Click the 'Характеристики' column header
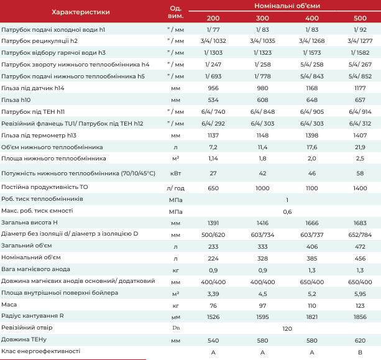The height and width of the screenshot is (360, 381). (81, 12)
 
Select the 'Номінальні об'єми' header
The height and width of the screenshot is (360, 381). (287, 6)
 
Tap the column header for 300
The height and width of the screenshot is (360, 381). (262, 18)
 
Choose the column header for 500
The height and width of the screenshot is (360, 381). (360, 18)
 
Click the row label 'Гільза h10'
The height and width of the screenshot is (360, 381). (16, 100)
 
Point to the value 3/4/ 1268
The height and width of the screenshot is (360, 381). (312, 41)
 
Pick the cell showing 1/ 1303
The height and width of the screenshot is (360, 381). (213, 53)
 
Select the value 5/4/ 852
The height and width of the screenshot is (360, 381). (360, 76)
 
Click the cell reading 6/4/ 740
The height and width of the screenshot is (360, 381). (213, 112)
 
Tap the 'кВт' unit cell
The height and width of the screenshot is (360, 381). (176, 173)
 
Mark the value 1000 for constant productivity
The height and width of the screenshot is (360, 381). (262, 188)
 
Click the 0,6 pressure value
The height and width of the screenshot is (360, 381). (287, 212)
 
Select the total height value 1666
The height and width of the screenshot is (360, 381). (312, 223)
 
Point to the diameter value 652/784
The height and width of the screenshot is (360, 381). (360, 235)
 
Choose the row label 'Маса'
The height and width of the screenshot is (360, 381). (9, 305)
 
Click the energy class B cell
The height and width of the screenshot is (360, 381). (360, 352)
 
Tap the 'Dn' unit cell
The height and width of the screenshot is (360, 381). (176, 328)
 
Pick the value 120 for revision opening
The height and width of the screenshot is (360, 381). (287, 329)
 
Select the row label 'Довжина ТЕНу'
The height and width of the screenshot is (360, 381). (24, 339)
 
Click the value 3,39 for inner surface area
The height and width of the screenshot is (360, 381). (213, 294)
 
